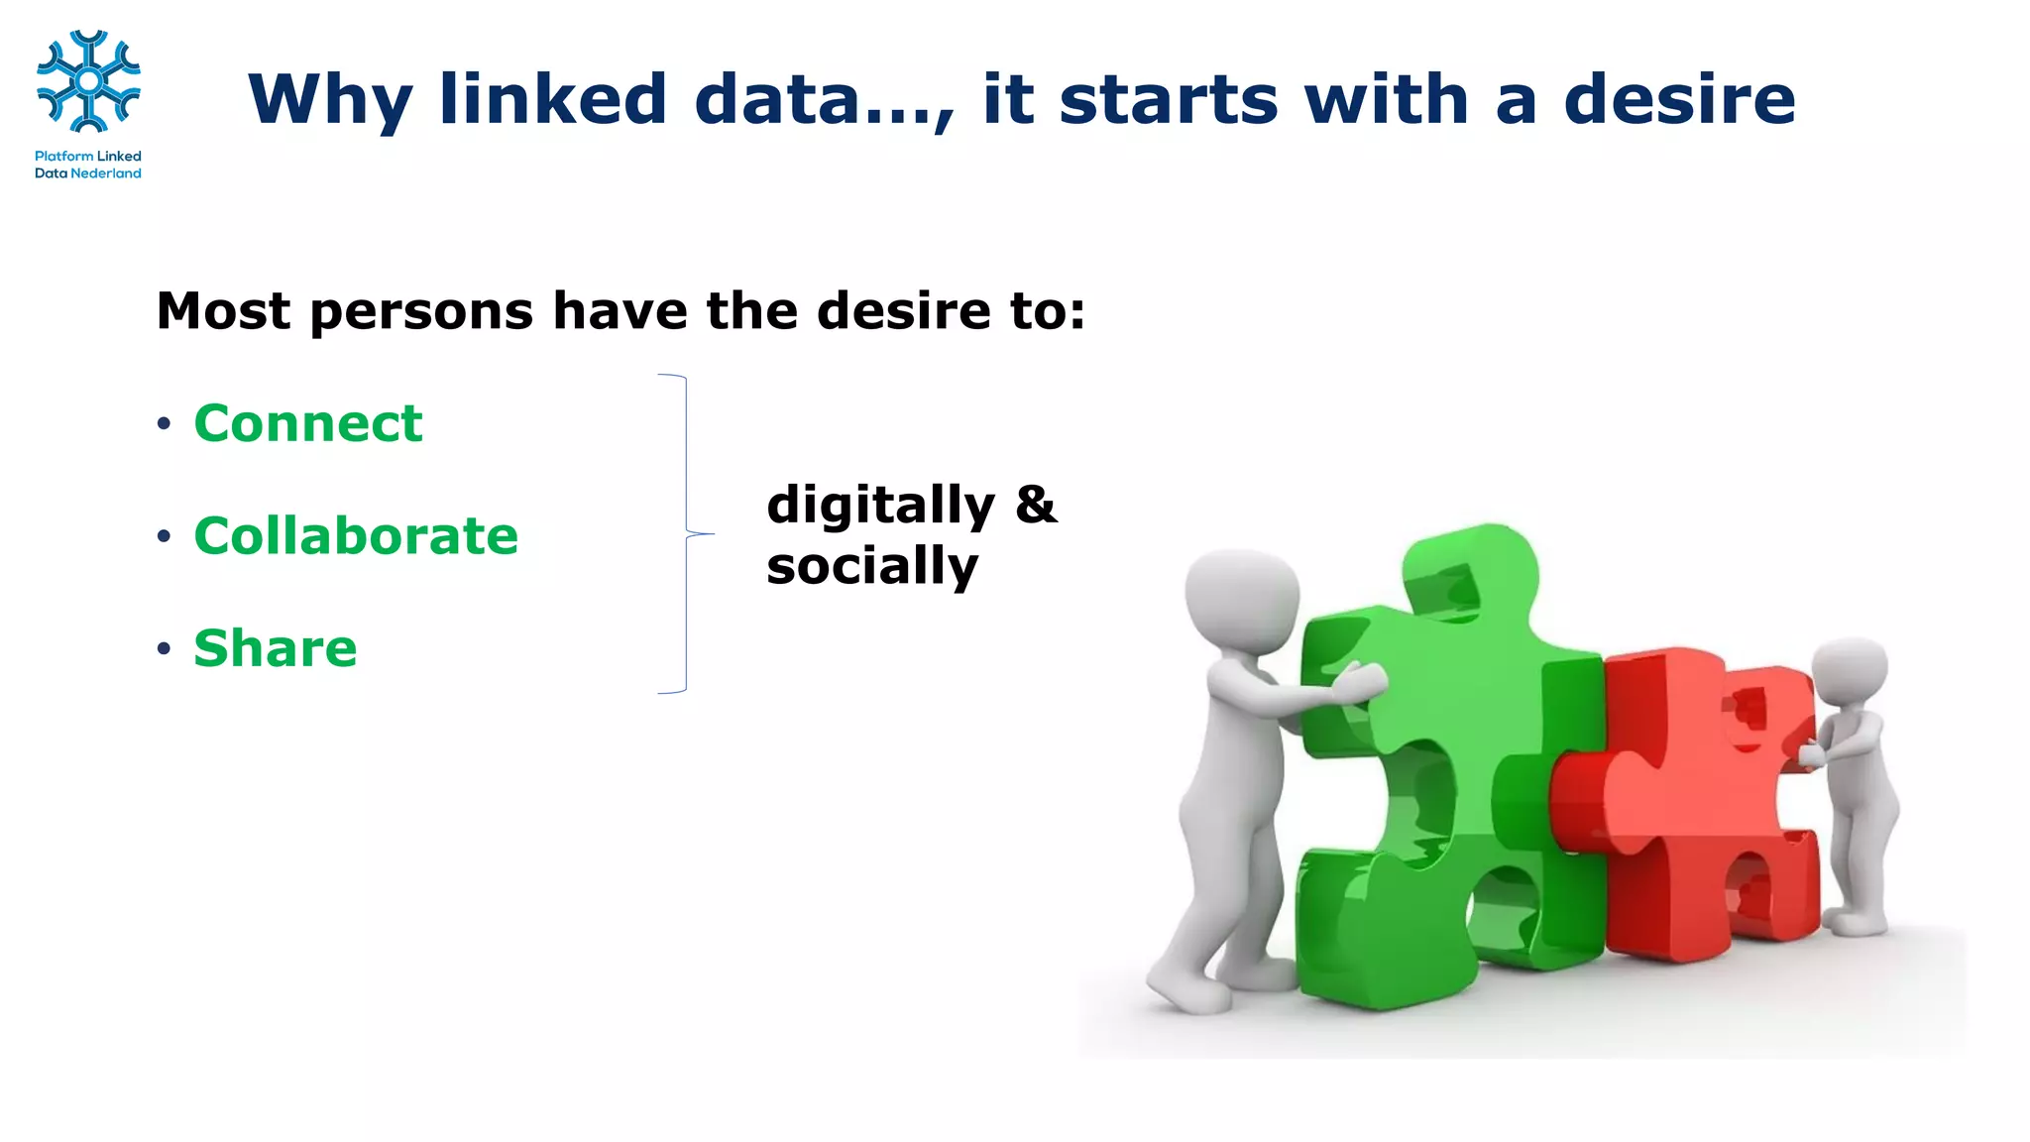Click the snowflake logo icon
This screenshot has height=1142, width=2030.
point(88,81)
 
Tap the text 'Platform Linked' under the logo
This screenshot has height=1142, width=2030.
point(88,157)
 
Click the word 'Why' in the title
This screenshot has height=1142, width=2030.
point(329,100)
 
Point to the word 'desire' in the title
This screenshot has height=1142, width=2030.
point(1679,99)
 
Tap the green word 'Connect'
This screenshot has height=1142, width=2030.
point(308,424)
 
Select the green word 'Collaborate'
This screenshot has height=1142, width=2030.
point(356,536)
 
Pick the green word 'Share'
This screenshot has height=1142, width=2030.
point(276,648)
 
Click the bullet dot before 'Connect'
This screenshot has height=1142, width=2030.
point(164,425)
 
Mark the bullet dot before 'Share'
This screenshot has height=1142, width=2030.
point(164,649)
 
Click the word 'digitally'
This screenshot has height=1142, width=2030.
point(880,507)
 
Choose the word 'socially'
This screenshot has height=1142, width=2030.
point(872,567)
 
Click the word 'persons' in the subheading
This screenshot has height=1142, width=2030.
point(423,311)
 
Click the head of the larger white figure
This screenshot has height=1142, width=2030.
point(1242,599)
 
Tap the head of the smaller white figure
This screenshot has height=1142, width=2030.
point(1850,674)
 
